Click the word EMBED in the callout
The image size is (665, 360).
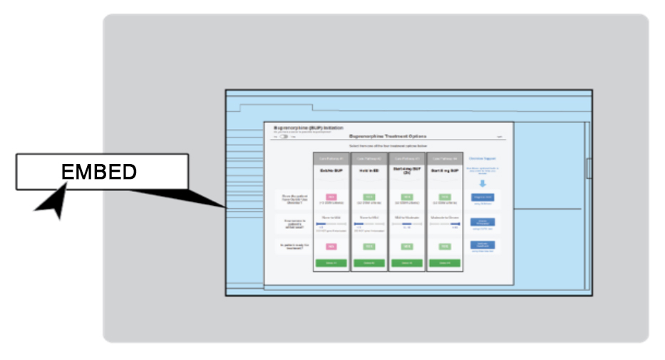point(98,172)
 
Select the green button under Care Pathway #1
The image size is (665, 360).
point(330,263)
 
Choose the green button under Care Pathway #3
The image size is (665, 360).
point(406,263)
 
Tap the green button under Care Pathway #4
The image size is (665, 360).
point(445,263)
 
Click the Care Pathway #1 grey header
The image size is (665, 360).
point(330,158)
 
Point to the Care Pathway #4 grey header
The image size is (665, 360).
point(445,158)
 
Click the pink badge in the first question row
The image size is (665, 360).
point(330,197)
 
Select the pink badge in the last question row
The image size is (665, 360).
point(330,246)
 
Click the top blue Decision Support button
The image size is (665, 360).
point(483,197)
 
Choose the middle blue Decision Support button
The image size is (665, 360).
point(483,222)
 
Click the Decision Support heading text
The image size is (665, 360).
point(483,158)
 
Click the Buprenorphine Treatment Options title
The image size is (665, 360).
point(388,135)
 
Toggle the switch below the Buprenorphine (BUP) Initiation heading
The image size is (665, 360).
point(284,136)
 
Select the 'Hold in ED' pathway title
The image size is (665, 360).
point(368,171)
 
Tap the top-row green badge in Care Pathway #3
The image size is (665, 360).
point(406,197)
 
